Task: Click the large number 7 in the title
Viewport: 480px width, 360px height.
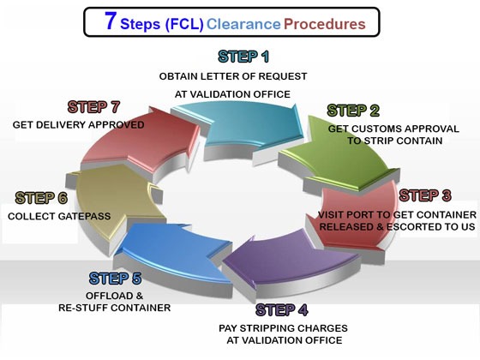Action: pos(111,21)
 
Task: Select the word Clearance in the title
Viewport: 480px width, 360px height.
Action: pos(243,24)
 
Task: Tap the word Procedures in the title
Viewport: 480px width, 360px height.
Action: pos(325,24)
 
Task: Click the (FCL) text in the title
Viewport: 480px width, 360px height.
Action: pos(184,25)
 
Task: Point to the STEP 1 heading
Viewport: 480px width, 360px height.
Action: pos(243,57)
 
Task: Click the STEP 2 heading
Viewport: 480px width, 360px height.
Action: pos(353,111)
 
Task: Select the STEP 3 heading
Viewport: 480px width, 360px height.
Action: pos(425,195)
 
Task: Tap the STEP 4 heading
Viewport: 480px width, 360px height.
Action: pos(282,309)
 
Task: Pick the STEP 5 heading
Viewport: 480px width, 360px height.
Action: pos(115,279)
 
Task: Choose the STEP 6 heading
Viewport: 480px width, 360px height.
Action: pos(41,198)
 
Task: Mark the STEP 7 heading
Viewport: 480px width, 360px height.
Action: pos(93,107)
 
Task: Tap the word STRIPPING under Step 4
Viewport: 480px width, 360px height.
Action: pos(267,328)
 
